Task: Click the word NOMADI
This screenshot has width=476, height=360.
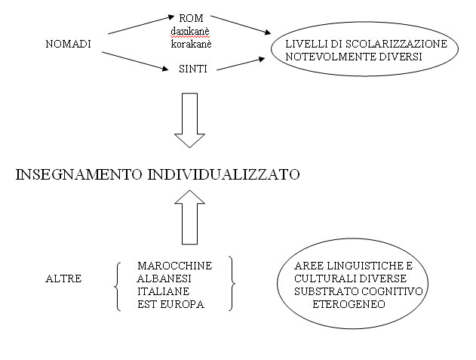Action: pyautogui.click(x=69, y=44)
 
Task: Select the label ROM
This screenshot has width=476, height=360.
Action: pyautogui.click(x=191, y=18)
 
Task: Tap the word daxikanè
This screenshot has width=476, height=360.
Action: pyautogui.click(x=190, y=31)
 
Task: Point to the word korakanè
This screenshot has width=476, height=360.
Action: pyautogui.click(x=192, y=44)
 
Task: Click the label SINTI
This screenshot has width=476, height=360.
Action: pyautogui.click(x=193, y=69)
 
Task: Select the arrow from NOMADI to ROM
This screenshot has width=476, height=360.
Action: pyautogui.click(x=141, y=25)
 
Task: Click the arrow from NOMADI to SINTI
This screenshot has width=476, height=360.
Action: pyautogui.click(x=135, y=61)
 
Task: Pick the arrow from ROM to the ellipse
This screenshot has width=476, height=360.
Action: pyautogui.click(x=241, y=25)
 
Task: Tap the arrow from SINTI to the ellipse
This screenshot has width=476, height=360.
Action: pyautogui.click(x=241, y=64)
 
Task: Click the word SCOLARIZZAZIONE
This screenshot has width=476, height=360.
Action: pyautogui.click(x=396, y=44)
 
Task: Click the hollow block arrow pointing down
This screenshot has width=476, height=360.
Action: pyautogui.click(x=190, y=120)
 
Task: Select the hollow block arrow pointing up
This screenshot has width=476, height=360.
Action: pyautogui.click(x=190, y=217)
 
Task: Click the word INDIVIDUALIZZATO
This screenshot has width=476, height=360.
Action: pyautogui.click(x=224, y=174)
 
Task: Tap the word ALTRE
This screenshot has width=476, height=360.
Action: pyautogui.click(x=63, y=278)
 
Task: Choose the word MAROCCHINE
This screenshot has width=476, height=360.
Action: pyautogui.click(x=174, y=266)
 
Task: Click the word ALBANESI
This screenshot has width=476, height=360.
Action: pyautogui.click(x=164, y=278)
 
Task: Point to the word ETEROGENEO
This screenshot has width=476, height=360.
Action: pyautogui.click(x=349, y=304)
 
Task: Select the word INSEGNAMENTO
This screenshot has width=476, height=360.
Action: pyautogui.click(x=78, y=174)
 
